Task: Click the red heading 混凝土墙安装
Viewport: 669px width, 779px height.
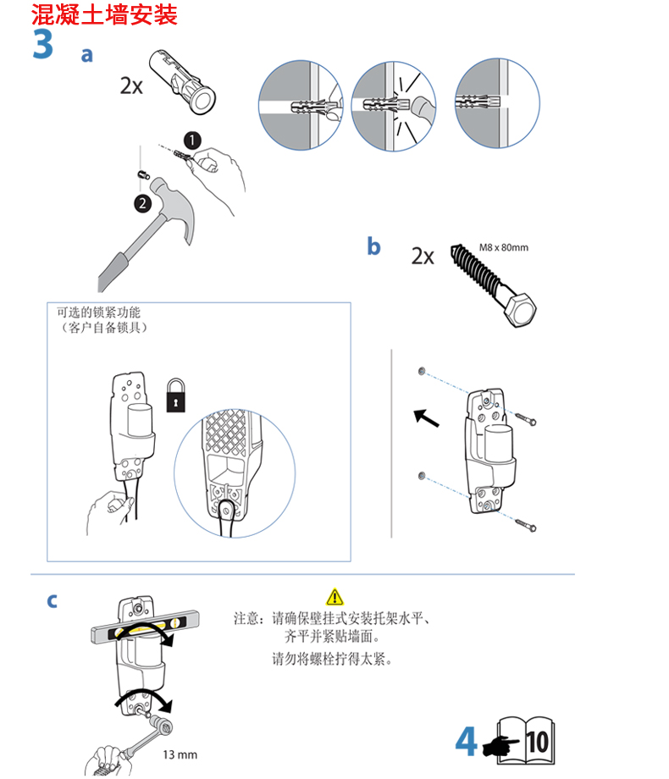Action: point(104,14)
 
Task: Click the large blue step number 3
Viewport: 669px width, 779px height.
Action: point(43,45)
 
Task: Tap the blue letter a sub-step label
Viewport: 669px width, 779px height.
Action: point(86,55)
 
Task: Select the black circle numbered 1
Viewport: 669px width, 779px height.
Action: point(194,138)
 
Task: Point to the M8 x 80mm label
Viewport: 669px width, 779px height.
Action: point(503,247)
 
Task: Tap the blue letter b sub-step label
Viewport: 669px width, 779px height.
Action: point(373,246)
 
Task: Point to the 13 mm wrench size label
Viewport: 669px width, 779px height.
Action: point(180,754)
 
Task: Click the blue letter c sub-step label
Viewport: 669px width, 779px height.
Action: point(53,600)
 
